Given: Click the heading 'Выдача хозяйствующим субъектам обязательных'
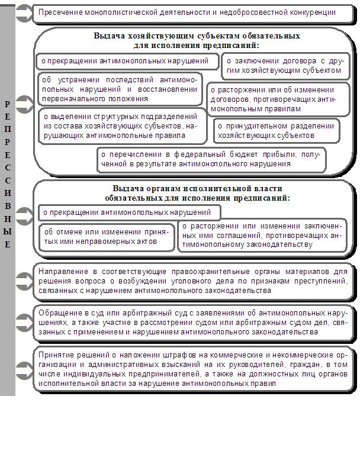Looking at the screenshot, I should (x=197, y=36).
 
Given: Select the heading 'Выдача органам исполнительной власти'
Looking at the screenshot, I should (x=197, y=189).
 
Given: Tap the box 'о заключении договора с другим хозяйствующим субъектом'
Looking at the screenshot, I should (x=284, y=65).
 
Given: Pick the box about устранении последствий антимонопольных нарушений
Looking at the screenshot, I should (x=118, y=89).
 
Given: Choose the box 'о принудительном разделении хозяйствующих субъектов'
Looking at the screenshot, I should (x=276, y=130).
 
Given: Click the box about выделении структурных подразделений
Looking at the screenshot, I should (x=122, y=126).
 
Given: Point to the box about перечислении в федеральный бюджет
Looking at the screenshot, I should (x=211, y=160).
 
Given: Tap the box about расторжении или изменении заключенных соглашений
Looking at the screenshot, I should (x=261, y=235).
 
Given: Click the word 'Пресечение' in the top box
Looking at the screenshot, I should (x=59, y=12).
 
